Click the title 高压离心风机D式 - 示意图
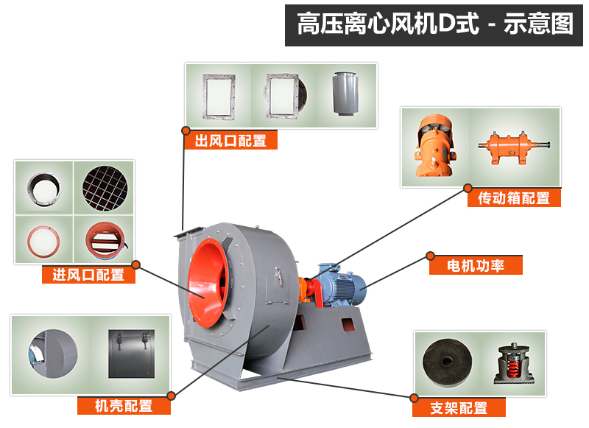tap(434, 24)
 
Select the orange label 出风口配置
tap(230, 141)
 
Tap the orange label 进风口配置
tap(88, 275)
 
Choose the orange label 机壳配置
tap(124, 405)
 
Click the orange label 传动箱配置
tap(514, 198)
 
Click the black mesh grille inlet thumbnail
tap(105, 186)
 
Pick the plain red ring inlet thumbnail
tap(44, 239)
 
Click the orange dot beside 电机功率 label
tap(430, 256)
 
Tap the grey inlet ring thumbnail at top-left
tap(44, 187)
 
